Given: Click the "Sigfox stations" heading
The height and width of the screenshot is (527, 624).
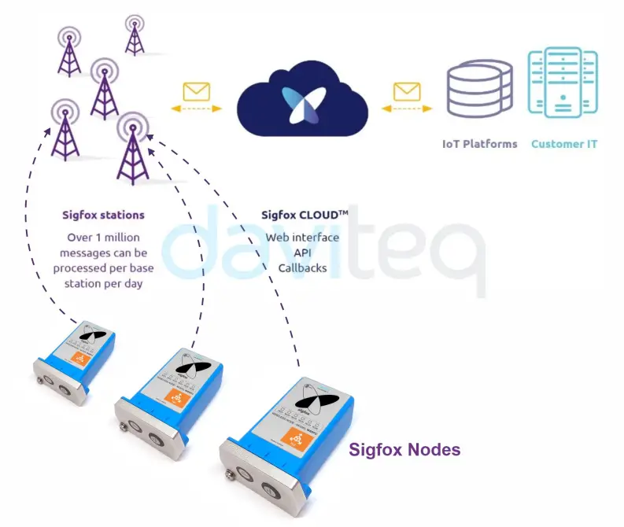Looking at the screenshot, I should coord(103,214).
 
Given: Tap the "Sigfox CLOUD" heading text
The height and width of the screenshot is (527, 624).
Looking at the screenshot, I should coord(304,214).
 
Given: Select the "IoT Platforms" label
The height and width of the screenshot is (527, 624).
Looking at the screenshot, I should coord(479,144).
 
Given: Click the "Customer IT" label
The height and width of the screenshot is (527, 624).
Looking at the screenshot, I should coord(564,144).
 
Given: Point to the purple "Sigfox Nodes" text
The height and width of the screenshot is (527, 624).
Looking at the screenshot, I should coord(404,450).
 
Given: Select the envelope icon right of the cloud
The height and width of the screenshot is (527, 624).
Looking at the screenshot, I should coord(407,91).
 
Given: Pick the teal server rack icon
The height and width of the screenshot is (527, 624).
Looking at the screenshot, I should coord(563,83).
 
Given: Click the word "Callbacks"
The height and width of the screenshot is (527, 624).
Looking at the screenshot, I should coord(302,267).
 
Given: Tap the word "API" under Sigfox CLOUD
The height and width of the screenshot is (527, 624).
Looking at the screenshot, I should coord(302,252).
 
